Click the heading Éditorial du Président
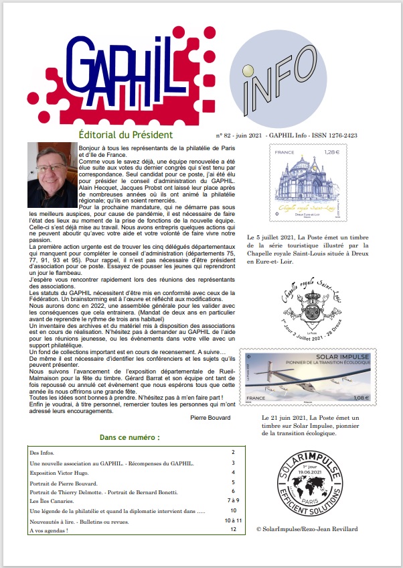pos(125,135)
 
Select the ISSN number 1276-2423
pos(341,135)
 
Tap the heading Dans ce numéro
pos(129,437)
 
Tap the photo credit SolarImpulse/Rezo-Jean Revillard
pos(307,529)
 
